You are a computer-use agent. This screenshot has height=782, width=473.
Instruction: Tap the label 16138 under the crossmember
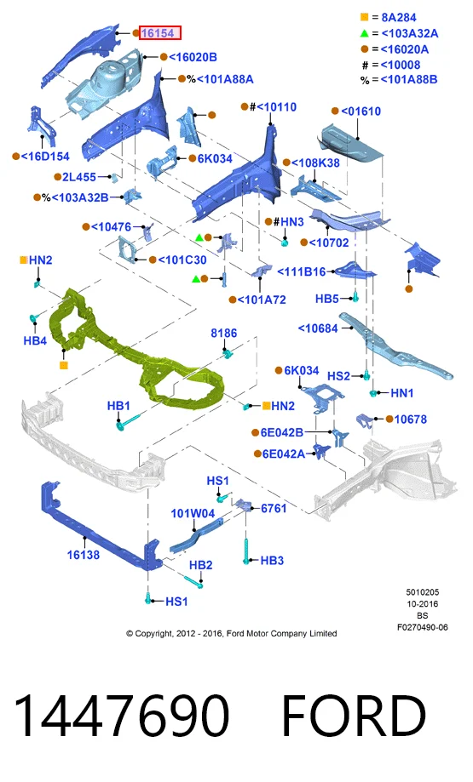84,555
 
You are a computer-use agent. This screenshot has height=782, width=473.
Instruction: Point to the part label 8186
224,333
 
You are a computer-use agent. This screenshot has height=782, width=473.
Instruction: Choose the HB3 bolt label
272,561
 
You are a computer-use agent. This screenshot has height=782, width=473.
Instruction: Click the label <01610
361,111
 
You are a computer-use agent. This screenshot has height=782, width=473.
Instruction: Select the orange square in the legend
365,17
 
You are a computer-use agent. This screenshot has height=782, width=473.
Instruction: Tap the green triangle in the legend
365,33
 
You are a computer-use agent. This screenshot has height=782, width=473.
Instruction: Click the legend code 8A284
399,18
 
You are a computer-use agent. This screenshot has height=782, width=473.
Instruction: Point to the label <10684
318,328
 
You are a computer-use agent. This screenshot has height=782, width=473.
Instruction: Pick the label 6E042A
283,454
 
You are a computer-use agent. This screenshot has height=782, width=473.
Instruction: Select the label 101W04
193,513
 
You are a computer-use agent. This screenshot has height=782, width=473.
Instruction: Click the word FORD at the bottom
355,715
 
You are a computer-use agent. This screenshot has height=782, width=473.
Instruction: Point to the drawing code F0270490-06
423,627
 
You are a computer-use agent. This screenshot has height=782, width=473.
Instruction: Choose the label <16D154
45,156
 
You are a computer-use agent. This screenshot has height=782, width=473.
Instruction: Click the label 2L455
79,176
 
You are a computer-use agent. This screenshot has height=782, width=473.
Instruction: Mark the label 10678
411,419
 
